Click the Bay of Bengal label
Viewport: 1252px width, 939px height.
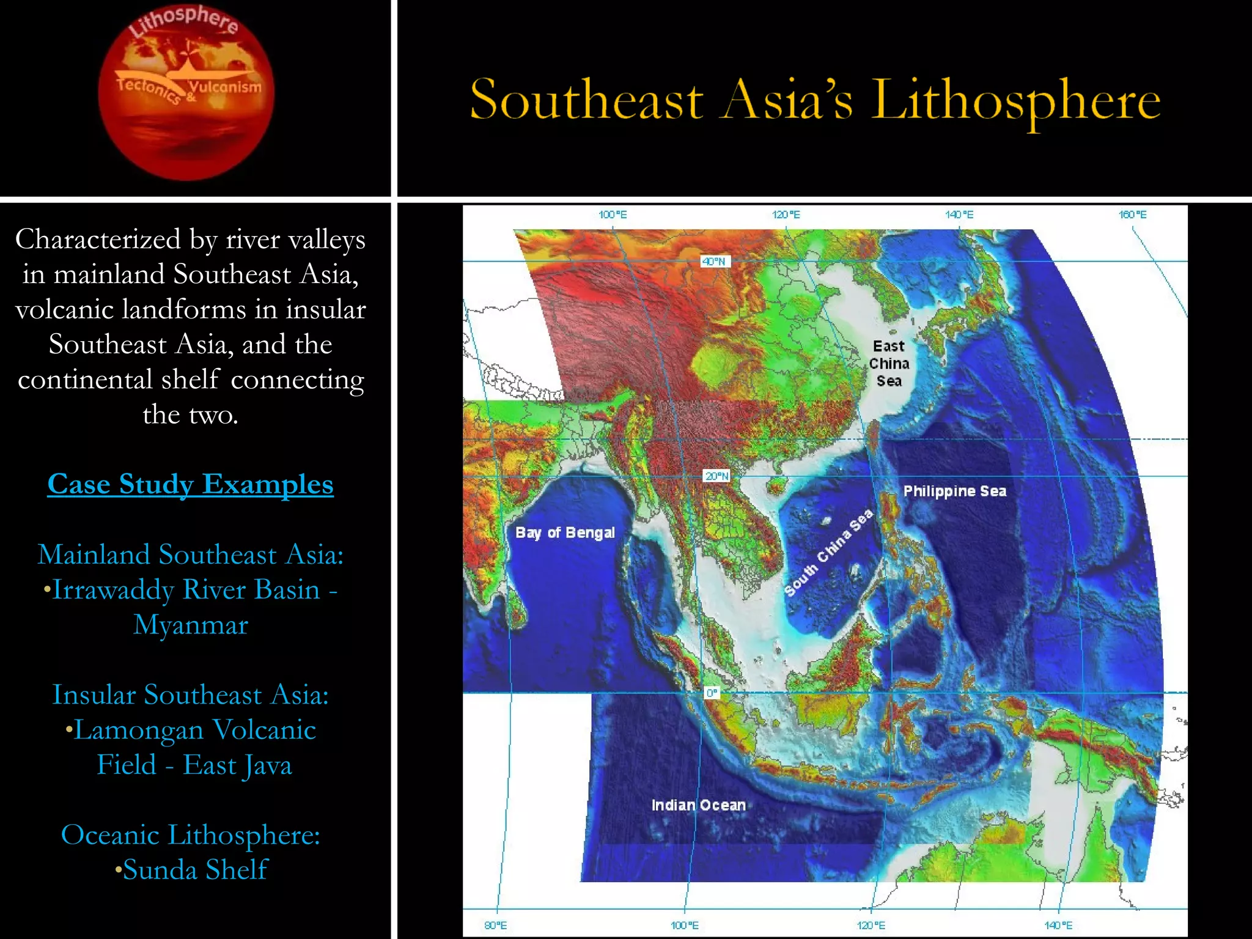click(565, 532)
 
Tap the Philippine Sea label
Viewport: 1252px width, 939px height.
click(954, 491)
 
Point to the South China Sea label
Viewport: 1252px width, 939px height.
click(828, 553)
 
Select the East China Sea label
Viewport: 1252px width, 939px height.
click(889, 364)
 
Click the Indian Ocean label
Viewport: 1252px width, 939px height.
click(698, 805)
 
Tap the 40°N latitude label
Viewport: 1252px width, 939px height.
click(714, 262)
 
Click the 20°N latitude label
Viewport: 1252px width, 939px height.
click(716, 476)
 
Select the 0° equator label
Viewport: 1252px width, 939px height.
click(712, 693)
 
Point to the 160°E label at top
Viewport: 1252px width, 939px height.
click(1132, 215)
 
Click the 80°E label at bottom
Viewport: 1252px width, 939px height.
click(495, 925)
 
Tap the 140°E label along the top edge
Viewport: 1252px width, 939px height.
click(959, 215)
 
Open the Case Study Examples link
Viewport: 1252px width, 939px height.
click(190, 484)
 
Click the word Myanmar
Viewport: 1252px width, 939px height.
click(191, 625)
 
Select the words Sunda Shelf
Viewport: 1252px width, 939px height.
click(195, 869)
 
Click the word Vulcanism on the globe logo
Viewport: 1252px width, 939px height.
click(225, 86)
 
